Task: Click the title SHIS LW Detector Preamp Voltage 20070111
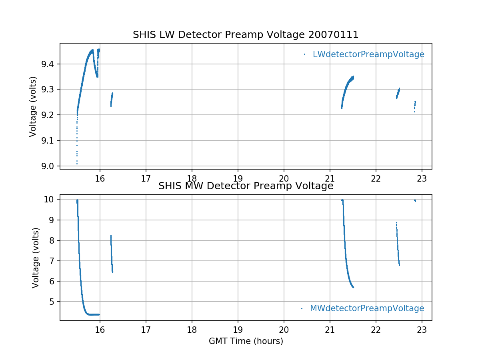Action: click(x=246, y=35)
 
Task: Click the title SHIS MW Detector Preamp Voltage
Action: click(x=246, y=186)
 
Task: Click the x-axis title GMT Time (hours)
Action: click(x=246, y=341)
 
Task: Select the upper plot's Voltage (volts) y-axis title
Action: click(x=33, y=106)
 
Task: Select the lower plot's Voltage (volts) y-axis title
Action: click(x=36, y=258)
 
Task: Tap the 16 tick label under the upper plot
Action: click(x=100, y=178)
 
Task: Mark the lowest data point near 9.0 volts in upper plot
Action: click(x=77, y=164)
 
